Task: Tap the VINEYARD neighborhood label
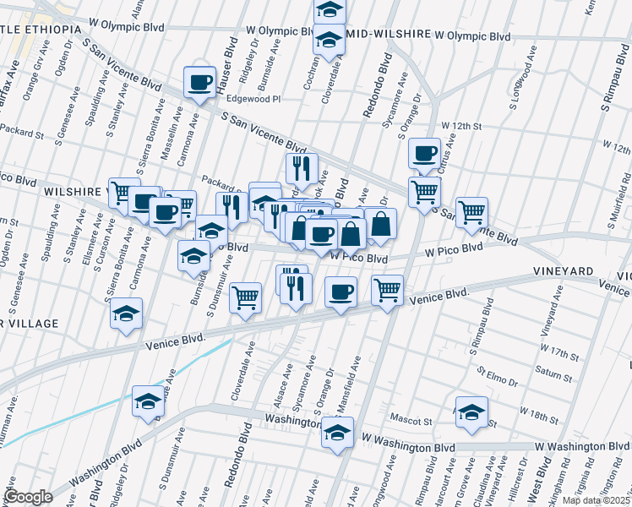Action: click(x=564, y=270)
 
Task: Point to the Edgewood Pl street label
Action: click(x=251, y=99)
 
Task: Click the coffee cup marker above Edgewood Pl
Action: click(x=200, y=83)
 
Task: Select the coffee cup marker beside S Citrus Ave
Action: click(x=424, y=154)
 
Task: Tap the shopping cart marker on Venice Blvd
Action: click(x=387, y=290)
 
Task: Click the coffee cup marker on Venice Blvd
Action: click(x=341, y=292)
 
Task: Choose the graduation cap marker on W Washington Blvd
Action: click(x=337, y=433)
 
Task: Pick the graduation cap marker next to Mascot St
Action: click(x=471, y=412)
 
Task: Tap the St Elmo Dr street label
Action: click(x=496, y=372)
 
